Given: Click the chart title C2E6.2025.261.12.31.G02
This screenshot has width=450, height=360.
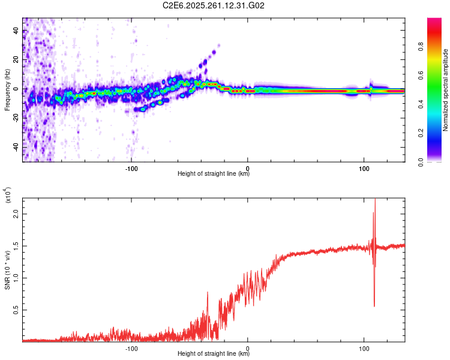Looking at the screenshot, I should pos(214,5).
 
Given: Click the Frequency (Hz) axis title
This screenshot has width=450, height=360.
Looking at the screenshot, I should pos(7,89).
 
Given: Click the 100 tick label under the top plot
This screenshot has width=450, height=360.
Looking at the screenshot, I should pos(364,168).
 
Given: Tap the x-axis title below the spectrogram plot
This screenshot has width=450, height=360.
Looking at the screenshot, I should pos(214,174).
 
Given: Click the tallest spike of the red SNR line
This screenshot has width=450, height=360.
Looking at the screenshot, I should pos(375,200).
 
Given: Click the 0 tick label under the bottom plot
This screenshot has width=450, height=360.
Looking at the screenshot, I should pos(248,348).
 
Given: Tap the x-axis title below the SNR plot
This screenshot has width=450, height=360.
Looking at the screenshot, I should pos(214,354).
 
